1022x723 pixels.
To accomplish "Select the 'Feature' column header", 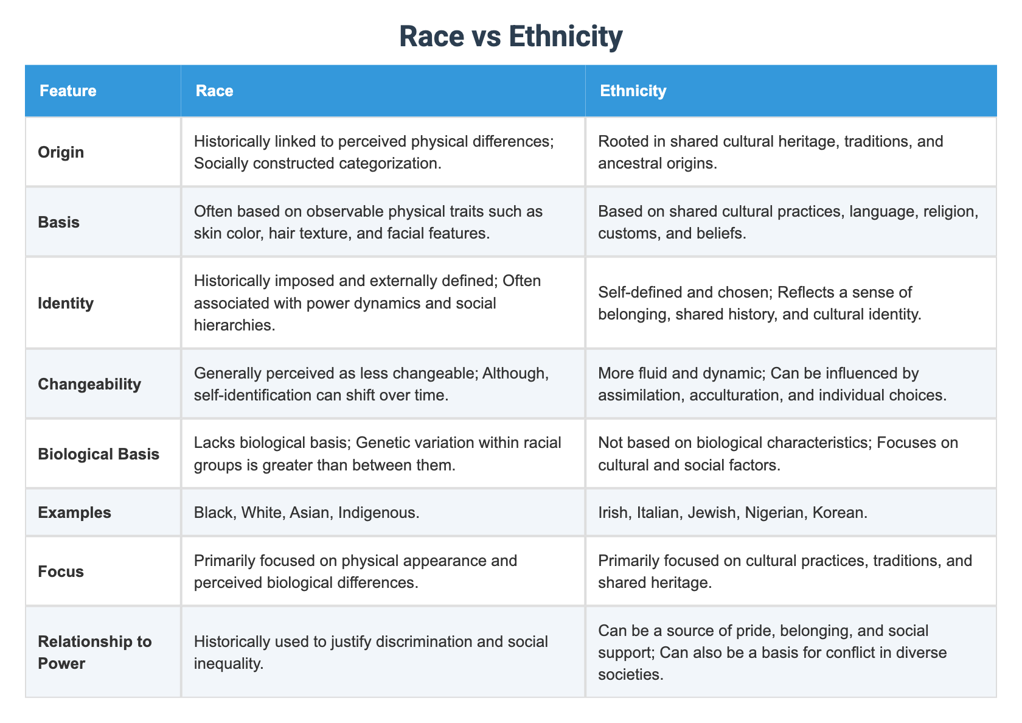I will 68,91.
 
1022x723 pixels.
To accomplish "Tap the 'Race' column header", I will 214,91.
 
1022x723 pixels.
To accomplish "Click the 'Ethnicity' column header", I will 633,91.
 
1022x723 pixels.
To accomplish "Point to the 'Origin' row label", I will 61,152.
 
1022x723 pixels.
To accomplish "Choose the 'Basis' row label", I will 58,222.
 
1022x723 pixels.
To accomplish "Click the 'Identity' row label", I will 66,303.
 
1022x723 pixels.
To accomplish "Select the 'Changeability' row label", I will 89,384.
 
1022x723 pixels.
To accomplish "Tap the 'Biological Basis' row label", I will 99,454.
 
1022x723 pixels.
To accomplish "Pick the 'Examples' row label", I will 74,512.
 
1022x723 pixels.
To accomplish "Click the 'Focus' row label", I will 61,571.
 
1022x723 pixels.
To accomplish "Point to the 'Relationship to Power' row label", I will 94,652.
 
